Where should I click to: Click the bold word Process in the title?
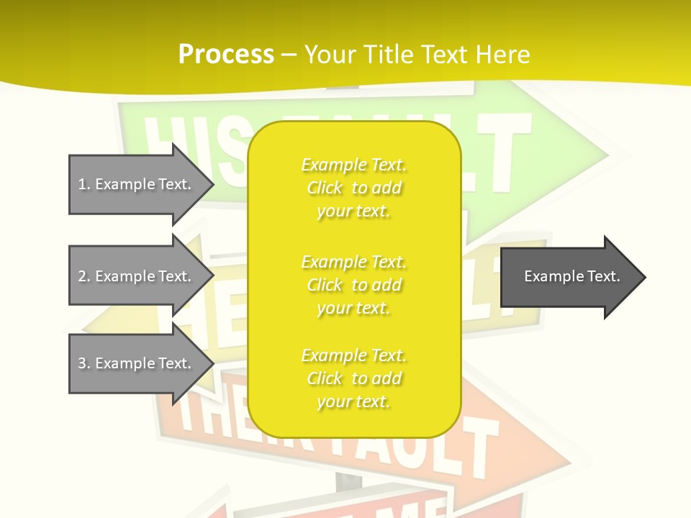[226, 55]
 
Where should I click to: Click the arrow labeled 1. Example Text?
[137, 184]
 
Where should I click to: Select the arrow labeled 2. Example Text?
[137, 276]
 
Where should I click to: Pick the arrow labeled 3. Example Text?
[137, 363]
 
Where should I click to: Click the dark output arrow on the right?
[569, 276]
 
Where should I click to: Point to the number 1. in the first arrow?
[84, 184]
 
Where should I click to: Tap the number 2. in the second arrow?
[84, 276]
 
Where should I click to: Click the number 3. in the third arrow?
[84, 363]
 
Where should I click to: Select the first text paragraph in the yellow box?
[353, 188]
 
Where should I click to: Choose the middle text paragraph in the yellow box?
[353, 285]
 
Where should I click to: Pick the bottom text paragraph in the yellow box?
[353, 378]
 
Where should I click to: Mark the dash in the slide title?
[289, 55]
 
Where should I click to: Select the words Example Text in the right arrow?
[572, 276]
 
